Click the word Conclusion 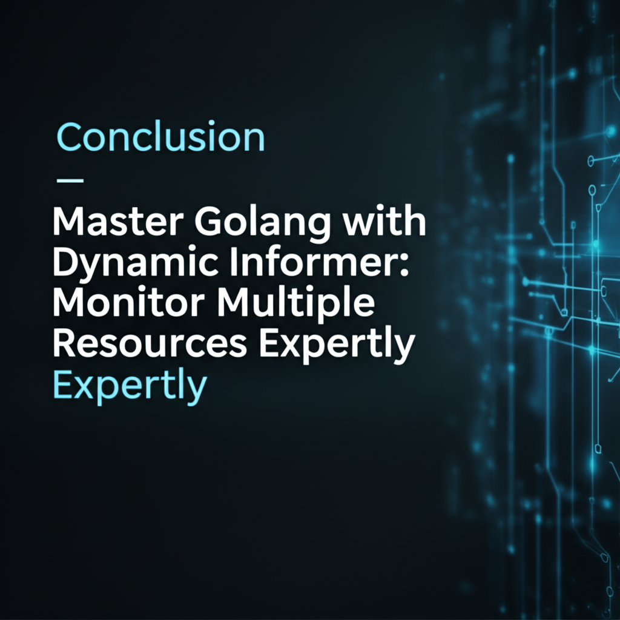(160, 137)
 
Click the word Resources (150, 343)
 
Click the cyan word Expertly (130, 386)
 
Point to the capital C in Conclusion (68, 137)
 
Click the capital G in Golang (209, 223)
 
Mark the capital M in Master (69, 223)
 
